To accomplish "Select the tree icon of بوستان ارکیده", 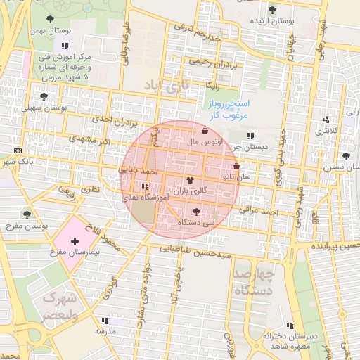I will [272, 10].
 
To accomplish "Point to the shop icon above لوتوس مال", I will [205, 131].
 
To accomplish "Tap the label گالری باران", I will [191, 191].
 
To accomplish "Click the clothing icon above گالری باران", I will [190, 180].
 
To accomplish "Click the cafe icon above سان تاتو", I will [236, 167].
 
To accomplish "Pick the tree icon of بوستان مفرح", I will [27, 214].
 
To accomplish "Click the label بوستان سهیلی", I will [44, 108].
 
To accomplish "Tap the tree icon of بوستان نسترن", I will [345, 156].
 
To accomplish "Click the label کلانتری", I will [325, 131].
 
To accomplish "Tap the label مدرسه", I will [105, 330].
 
